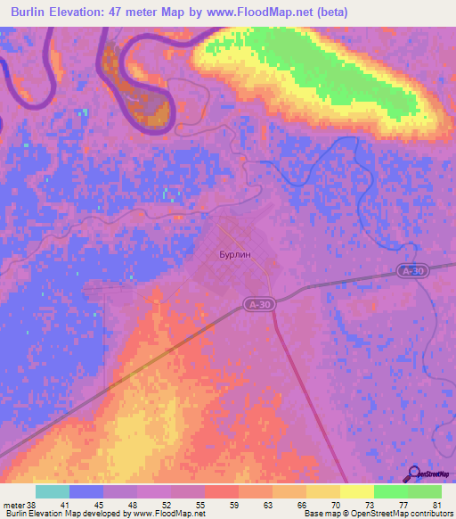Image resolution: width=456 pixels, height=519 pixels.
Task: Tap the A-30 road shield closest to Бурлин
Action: [257, 305]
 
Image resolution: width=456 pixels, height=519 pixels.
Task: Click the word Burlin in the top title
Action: [34, 12]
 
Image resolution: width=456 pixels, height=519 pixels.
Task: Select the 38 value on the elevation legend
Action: [29, 504]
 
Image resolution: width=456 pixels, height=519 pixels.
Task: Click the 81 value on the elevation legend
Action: [438, 504]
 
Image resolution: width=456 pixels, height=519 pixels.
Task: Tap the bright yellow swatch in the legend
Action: [357, 491]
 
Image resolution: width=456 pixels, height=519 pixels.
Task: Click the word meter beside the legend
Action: [12, 504]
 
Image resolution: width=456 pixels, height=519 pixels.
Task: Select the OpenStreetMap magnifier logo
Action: [415, 474]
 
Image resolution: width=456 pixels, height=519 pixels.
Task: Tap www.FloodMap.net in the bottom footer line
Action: [165, 514]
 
